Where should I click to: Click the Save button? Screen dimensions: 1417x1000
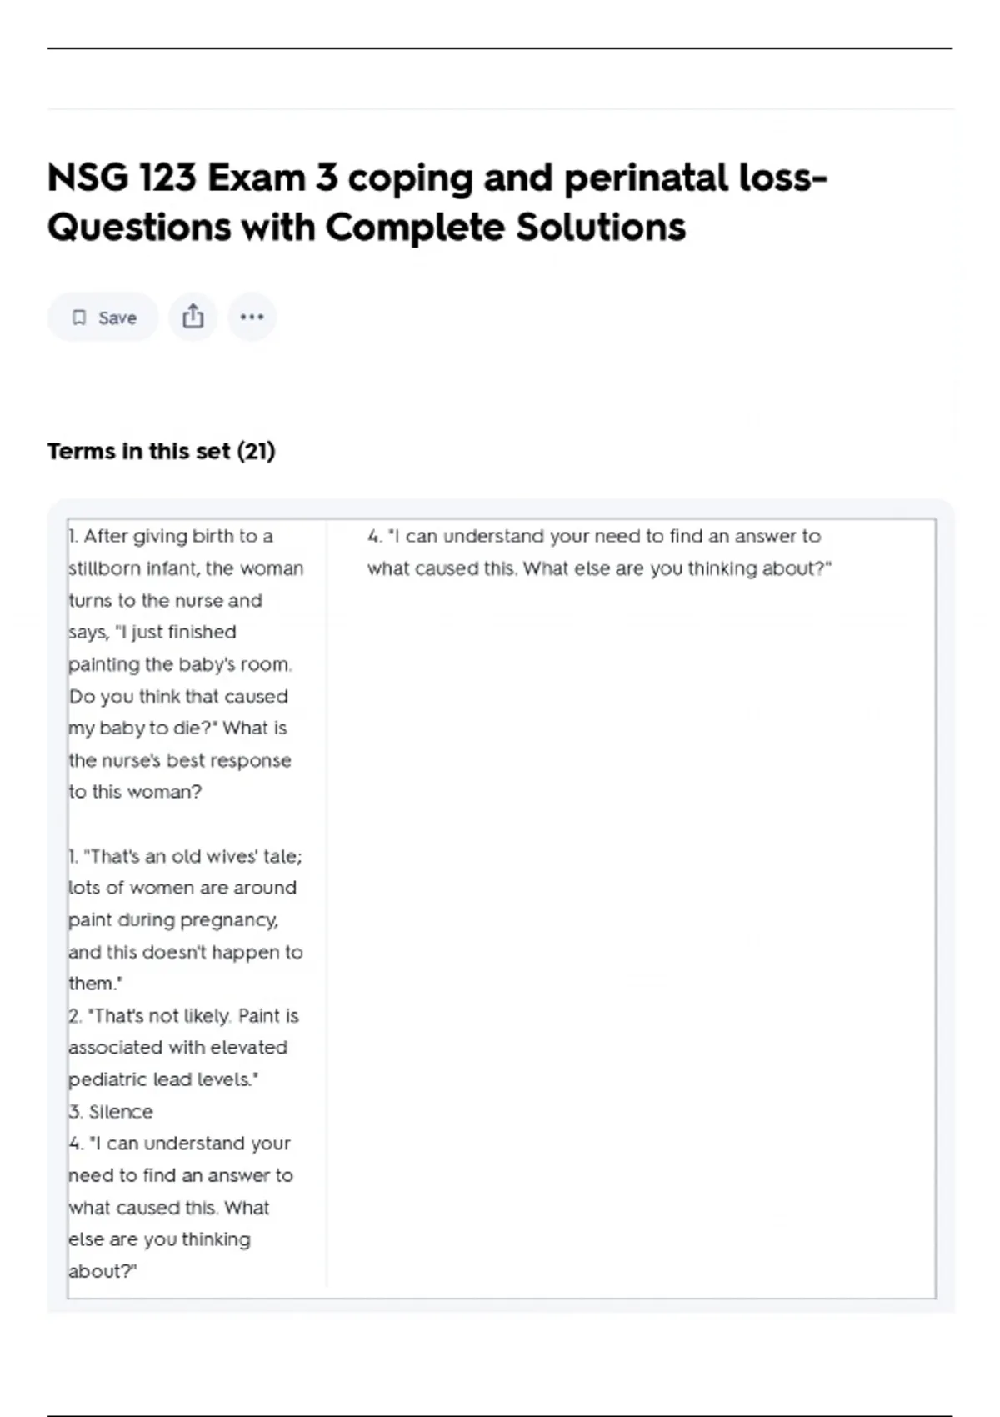click(x=103, y=318)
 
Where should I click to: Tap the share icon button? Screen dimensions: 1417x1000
click(x=192, y=317)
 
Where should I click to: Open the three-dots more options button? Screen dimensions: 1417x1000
click(x=252, y=317)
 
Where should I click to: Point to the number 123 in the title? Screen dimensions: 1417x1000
click(x=167, y=178)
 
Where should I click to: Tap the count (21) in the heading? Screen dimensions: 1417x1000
click(x=256, y=452)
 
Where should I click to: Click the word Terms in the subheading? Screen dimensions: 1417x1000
click(x=81, y=452)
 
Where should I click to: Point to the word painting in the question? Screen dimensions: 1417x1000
click(x=104, y=664)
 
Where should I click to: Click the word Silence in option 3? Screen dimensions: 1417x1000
click(x=121, y=1112)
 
